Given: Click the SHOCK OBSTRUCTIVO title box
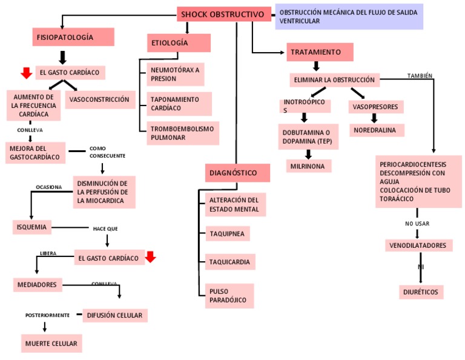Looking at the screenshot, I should pos(223,14).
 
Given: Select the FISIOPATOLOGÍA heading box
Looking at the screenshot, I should pos(65,37).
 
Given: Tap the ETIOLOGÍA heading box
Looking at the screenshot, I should pos(179,43).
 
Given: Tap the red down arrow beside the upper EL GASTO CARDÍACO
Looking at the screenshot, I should pos(26,73).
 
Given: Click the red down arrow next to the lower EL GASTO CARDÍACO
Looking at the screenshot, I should pos(151,257).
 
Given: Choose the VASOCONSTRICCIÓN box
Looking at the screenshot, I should pos(99,99).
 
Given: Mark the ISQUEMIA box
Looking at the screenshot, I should pos(32,227).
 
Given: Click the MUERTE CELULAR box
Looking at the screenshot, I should pos(51,344).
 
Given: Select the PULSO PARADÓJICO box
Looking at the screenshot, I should pos(229,296).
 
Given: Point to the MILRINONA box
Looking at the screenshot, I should pos(309,166).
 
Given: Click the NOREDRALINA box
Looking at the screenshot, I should pos(377,130).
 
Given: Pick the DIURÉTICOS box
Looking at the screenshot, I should pos(421,292).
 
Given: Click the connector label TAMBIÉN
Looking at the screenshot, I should pos(420,76).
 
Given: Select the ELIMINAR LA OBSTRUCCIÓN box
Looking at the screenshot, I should pos(334,80).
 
